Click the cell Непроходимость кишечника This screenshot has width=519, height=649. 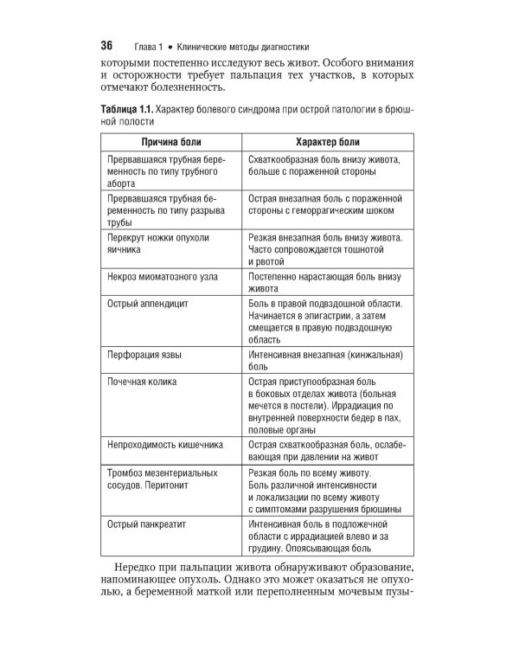164,444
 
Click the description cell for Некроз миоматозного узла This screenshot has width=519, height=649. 329,283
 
